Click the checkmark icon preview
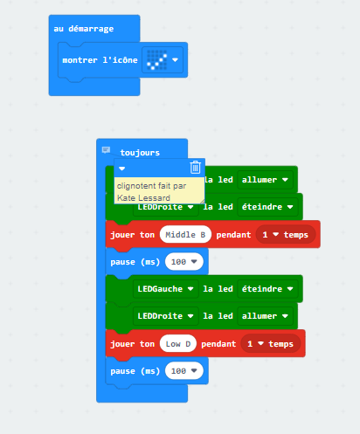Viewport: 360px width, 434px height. (157, 60)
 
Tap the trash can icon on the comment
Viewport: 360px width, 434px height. (195, 168)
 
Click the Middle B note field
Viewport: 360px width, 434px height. (185, 235)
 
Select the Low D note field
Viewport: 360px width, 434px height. (178, 344)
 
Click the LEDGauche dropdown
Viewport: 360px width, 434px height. (165, 289)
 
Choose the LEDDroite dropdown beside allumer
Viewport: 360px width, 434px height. (165, 316)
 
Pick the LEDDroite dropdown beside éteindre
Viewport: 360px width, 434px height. (165, 207)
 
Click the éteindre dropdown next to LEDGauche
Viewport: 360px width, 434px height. (267, 289)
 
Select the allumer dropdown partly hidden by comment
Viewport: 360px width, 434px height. (265, 180)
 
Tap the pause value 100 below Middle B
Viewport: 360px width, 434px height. (183, 262)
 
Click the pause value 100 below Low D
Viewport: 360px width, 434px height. (183, 371)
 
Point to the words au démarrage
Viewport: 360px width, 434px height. (84, 29)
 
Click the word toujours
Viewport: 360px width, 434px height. (140, 153)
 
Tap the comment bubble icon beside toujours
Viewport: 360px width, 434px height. (106, 150)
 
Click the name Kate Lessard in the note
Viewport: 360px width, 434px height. (143, 198)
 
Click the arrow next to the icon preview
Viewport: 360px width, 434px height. (175, 60)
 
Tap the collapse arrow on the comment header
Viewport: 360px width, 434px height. (122, 169)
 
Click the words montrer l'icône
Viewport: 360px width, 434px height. (100, 60)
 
